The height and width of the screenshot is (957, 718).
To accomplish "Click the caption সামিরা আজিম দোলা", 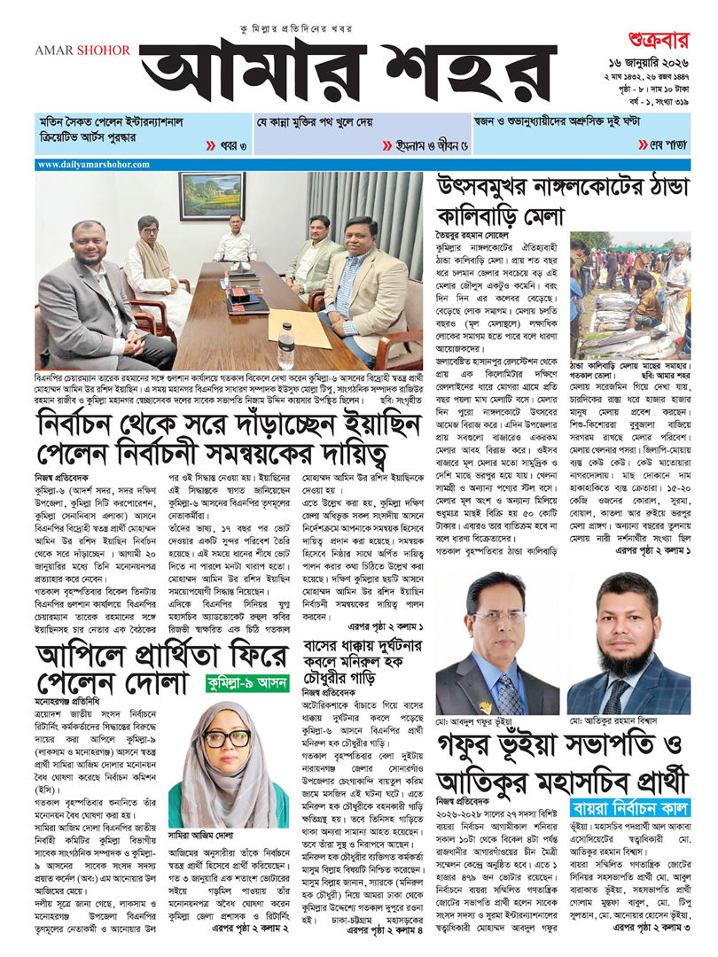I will tap(200, 834).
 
